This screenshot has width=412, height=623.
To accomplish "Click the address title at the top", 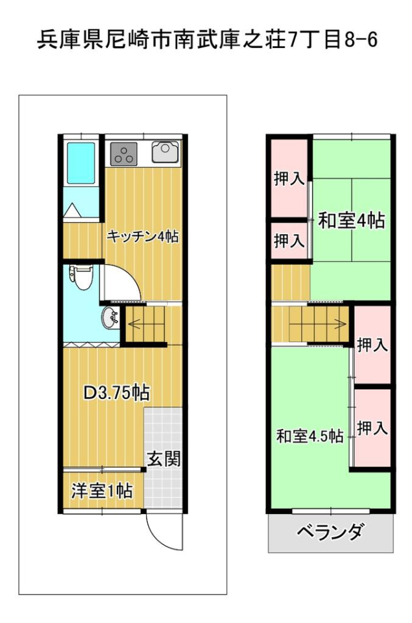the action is click(207, 40).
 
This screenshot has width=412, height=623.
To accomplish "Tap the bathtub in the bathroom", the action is click(81, 163).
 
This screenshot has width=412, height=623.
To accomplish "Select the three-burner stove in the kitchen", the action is click(124, 154).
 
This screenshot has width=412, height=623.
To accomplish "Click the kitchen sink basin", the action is click(165, 153).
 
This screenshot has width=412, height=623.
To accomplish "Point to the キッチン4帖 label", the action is click(143, 237).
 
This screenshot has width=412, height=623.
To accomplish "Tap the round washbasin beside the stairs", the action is click(110, 318).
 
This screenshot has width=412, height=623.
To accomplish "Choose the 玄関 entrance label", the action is click(164, 459).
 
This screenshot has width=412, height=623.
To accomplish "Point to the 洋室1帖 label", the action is click(102, 491).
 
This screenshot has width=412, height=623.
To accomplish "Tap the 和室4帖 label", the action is click(352, 220).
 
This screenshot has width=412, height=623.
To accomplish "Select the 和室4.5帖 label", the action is click(310, 436).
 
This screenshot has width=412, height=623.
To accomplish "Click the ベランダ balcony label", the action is click(330, 531).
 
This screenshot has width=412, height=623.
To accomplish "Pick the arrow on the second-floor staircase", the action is click(319, 323).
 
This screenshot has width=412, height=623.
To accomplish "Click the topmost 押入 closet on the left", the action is click(289, 179).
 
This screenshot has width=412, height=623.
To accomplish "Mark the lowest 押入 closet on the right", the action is click(372, 428).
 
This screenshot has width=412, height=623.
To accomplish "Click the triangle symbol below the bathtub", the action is click(73, 210).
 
